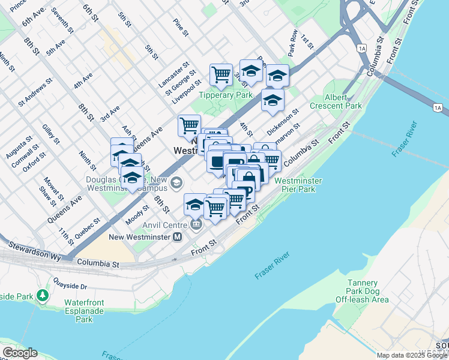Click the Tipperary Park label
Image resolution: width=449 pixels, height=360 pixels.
click(226, 95)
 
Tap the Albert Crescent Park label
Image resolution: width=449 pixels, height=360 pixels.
click(343, 101)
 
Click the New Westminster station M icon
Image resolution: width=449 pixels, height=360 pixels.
click(177, 237)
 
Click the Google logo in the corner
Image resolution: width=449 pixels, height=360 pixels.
click(19, 353)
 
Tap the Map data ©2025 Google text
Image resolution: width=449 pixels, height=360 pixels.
click(412, 355)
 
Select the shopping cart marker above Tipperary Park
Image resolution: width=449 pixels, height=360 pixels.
click(221, 74)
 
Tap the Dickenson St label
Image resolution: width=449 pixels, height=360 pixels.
click(283, 121)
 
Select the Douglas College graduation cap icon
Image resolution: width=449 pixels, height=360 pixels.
click(176, 182)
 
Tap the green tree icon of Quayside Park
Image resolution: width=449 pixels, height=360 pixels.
click(42, 295)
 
